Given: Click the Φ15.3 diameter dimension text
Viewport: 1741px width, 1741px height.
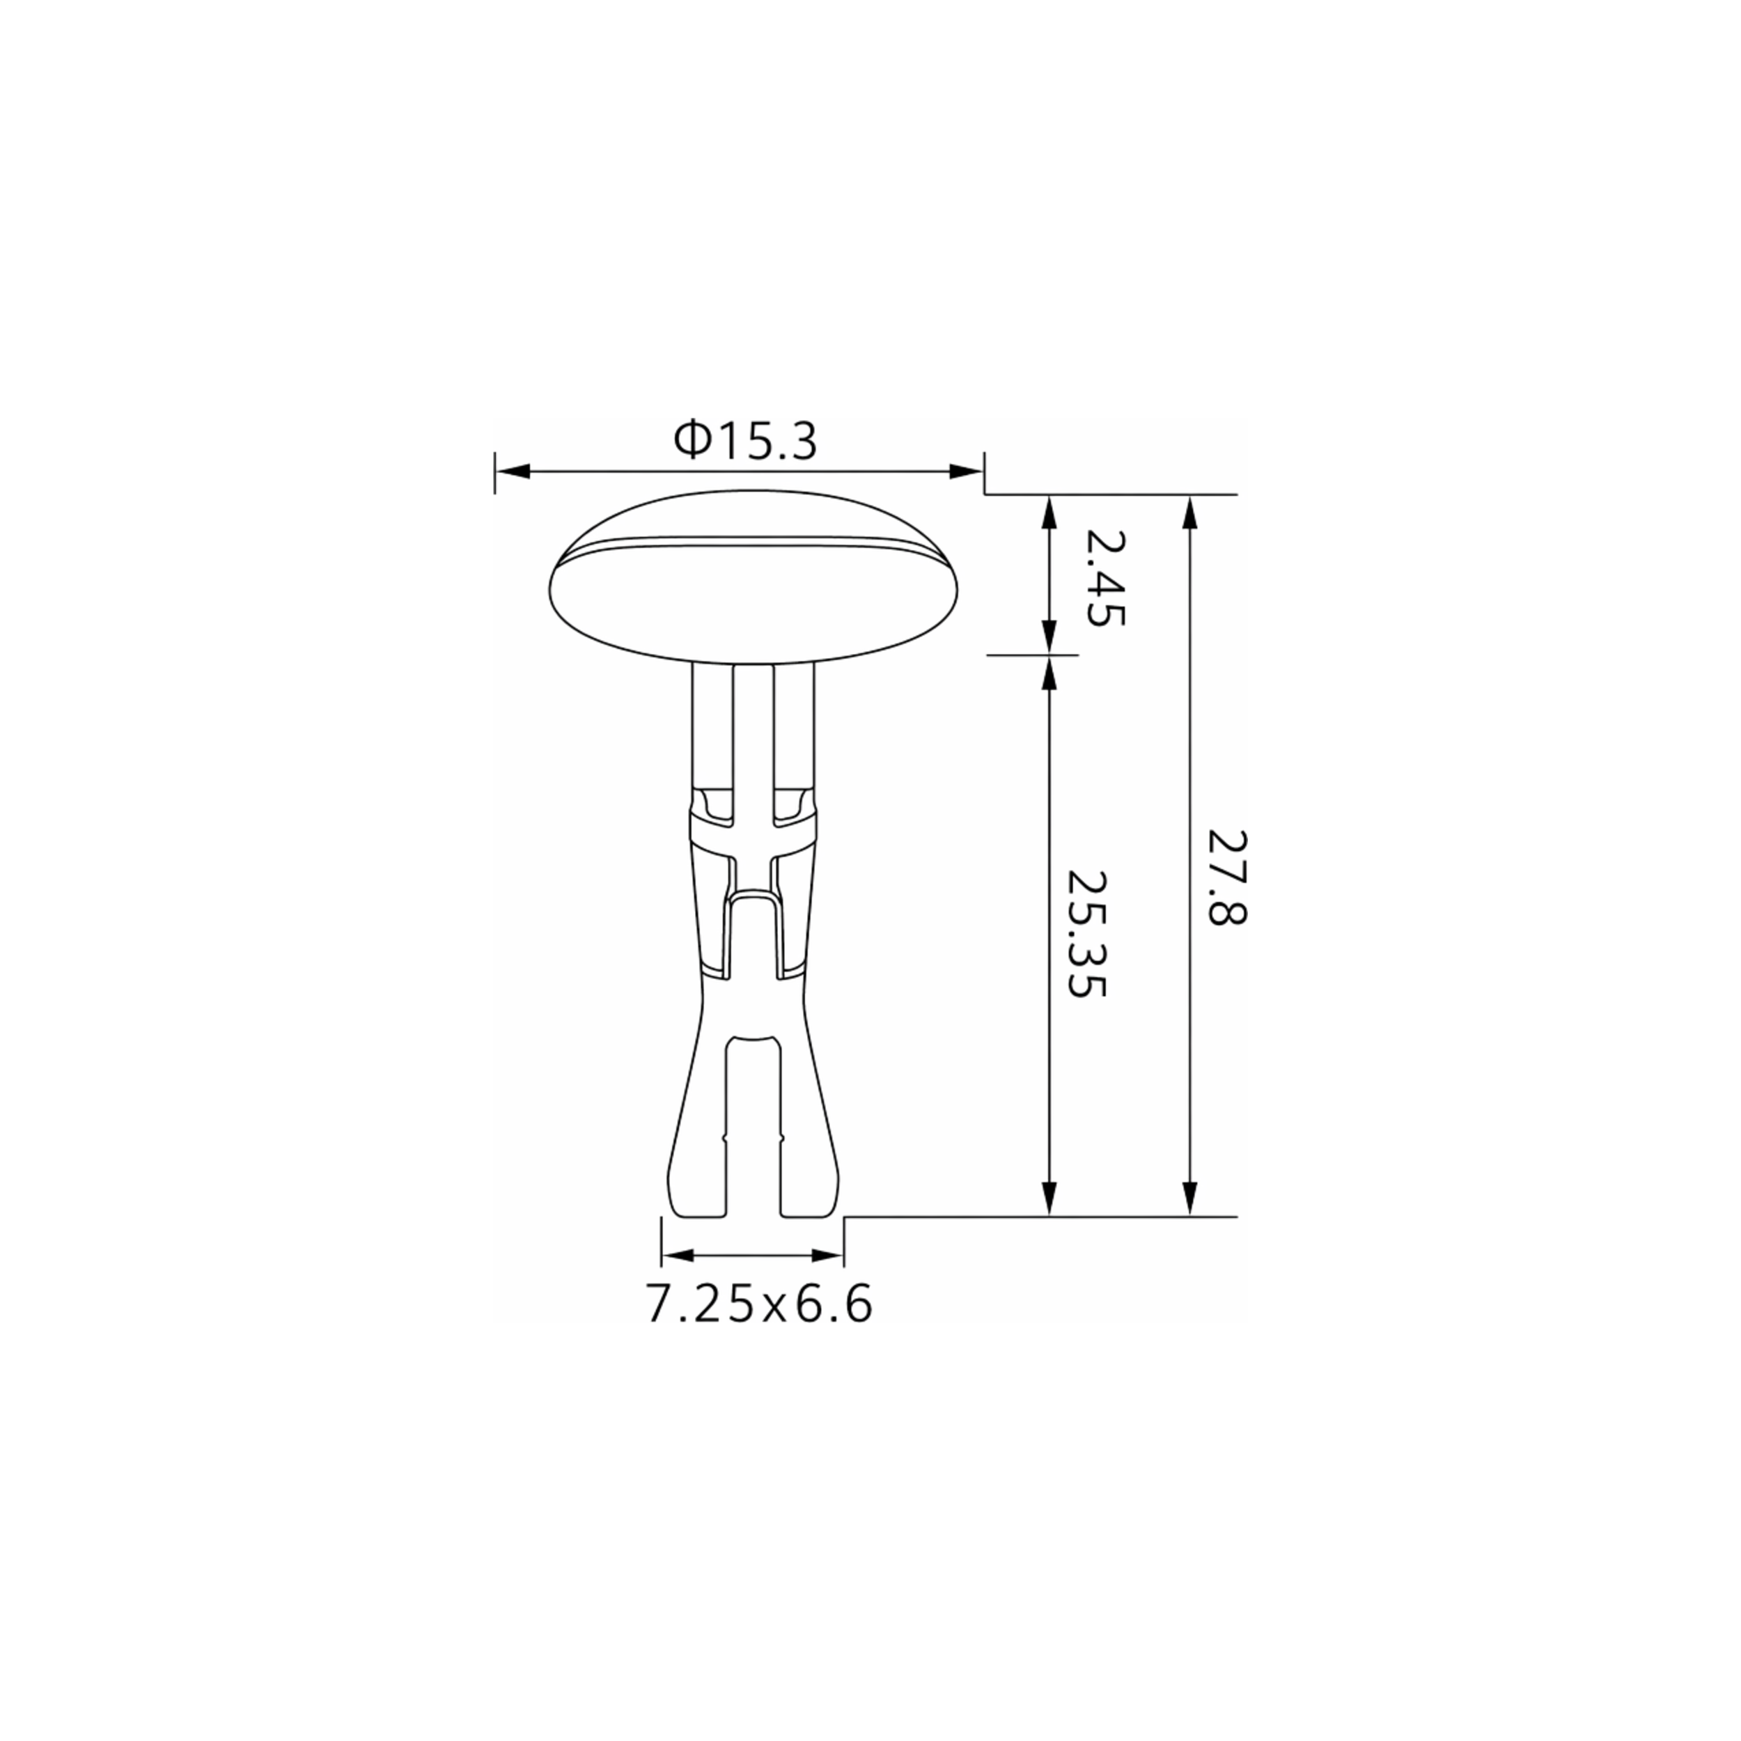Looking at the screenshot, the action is point(745,442).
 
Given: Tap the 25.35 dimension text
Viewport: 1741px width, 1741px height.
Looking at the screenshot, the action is point(1085,934).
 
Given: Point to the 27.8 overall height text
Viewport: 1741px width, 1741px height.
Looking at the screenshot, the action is point(1226,877).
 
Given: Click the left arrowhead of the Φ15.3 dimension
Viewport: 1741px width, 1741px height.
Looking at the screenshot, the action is point(512,471).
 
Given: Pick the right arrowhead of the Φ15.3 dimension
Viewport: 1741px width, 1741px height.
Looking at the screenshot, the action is point(966,471).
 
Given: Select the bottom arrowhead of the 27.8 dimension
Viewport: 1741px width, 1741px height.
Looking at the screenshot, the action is point(1190,1199).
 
